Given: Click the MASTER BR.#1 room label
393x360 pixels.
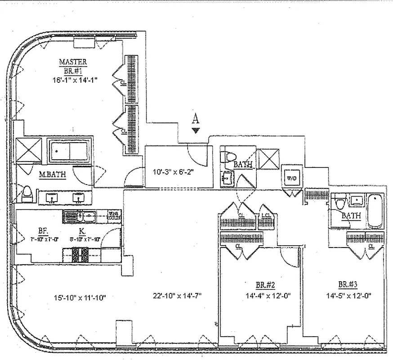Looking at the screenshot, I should pos(73,66).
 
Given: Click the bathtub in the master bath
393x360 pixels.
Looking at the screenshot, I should pos(70,151).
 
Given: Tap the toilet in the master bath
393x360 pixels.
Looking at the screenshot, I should pos(27,194).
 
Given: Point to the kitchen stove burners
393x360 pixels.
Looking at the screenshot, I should pos(81,255).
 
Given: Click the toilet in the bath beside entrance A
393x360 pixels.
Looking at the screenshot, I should pos(228,157).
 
